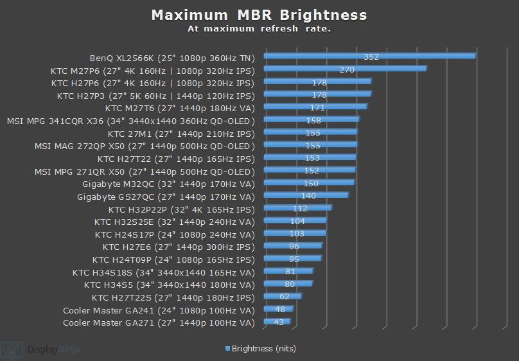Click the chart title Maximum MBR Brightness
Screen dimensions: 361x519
tap(259, 15)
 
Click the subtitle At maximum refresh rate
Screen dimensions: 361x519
tap(259, 29)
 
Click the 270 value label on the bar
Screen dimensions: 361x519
tap(347, 69)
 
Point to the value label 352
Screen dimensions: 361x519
tap(371, 57)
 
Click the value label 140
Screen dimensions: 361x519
tap(308, 195)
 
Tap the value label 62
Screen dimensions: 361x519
tap(285, 296)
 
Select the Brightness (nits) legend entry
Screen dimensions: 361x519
tap(260, 349)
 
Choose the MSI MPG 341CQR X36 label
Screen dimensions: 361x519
tap(130, 121)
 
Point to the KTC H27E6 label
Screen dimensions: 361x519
tap(179, 247)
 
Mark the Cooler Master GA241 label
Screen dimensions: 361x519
tap(159, 310)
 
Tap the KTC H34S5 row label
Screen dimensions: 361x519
tap(170, 285)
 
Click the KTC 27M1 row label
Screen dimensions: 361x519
tap(181, 134)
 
